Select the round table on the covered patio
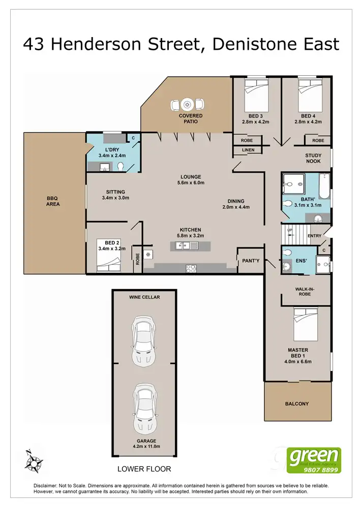click(x=188, y=104)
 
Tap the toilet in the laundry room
click(x=120, y=167)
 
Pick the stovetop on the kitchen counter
click(x=192, y=268)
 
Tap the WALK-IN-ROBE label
click(x=305, y=292)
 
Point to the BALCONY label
click(x=296, y=404)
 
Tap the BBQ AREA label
click(x=53, y=201)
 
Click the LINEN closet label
click(x=248, y=150)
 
